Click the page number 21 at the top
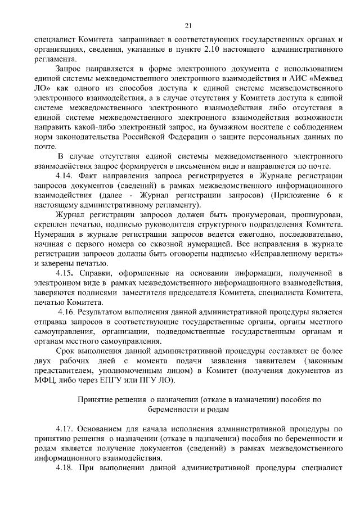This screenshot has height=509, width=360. (188, 25)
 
